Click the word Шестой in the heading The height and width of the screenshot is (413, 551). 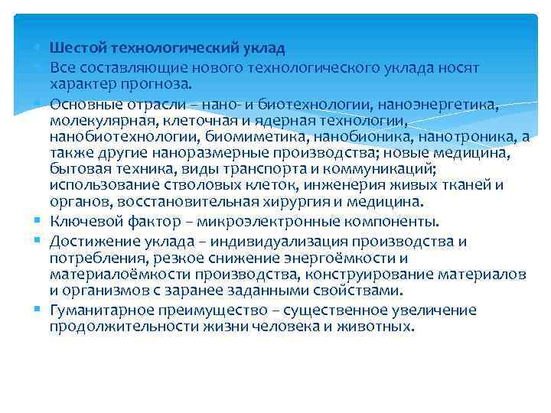click(x=74, y=48)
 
